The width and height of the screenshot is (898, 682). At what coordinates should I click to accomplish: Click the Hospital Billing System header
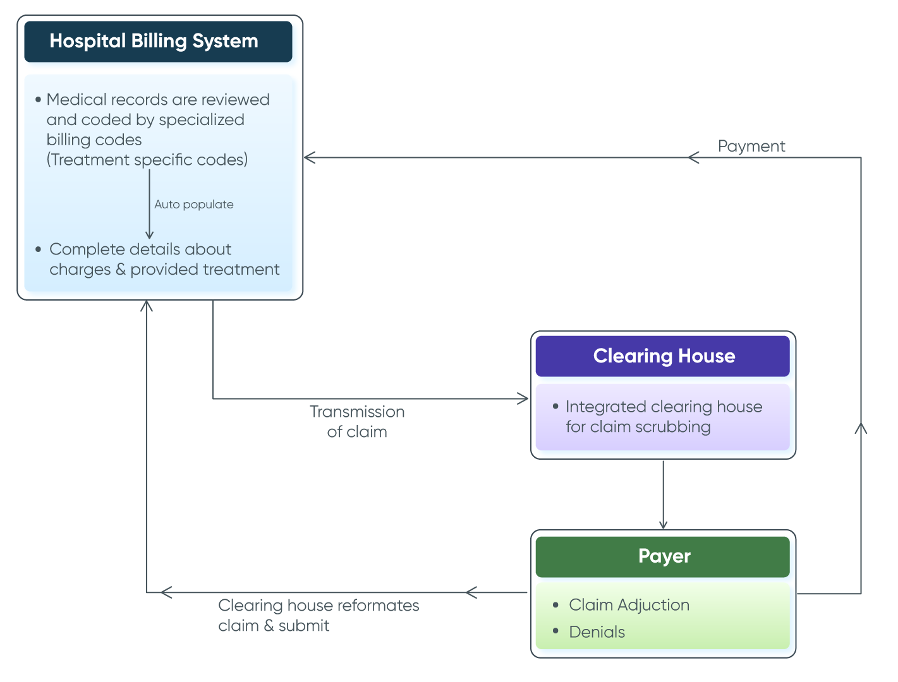pyautogui.click(x=154, y=42)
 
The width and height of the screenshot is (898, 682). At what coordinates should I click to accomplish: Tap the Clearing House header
pyautogui.click(x=664, y=356)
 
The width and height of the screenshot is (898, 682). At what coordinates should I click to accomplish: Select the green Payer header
pyautogui.click(x=664, y=556)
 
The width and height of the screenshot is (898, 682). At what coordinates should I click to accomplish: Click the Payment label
pyautogui.click(x=751, y=147)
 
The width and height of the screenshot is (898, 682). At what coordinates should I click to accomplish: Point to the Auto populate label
pyautogui.click(x=194, y=205)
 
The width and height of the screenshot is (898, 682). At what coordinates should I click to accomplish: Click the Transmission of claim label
pyautogui.click(x=357, y=422)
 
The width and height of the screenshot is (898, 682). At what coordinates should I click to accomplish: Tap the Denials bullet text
pyautogui.click(x=597, y=632)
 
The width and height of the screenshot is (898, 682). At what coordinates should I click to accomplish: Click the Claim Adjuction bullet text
pyautogui.click(x=629, y=605)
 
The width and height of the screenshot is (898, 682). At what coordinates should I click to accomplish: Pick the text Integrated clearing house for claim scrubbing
pyautogui.click(x=663, y=417)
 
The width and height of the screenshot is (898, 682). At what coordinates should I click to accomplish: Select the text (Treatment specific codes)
pyautogui.click(x=147, y=160)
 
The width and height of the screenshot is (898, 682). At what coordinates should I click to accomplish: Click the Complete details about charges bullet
pyautogui.click(x=164, y=260)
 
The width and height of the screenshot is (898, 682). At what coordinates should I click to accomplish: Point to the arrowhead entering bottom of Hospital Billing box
pyautogui.click(x=147, y=306)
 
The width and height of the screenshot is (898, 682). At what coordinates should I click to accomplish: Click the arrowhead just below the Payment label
pyautogui.click(x=693, y=157)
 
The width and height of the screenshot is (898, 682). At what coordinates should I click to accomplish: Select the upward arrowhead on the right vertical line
pyautogui.click(x=861, y=428)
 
